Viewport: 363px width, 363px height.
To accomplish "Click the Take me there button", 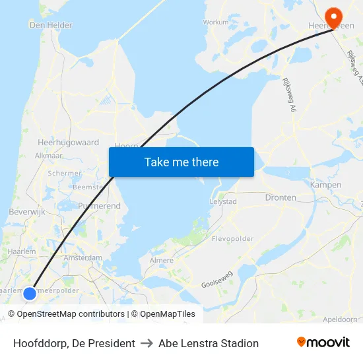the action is coord(181,162).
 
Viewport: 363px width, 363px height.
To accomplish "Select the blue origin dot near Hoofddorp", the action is coord(30,292).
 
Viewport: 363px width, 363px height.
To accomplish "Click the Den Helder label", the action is coord(51,25).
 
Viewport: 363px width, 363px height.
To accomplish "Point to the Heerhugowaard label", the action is coord(69,142).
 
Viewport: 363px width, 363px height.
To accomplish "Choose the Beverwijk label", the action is coord(26,212).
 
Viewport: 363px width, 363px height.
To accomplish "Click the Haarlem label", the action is coord(22,251).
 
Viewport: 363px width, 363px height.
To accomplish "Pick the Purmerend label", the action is coord(99,206).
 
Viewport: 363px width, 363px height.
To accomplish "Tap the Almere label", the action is coord(162,261).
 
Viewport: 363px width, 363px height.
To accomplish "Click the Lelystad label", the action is coord(223,201).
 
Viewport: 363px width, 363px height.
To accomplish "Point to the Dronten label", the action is coord(280,197).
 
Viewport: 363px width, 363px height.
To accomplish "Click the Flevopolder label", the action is coord(228,238).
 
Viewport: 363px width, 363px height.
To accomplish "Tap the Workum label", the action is coord(216,22).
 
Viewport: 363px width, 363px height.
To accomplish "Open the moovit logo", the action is coord(323,343).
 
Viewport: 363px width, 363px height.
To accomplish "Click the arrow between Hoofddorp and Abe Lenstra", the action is coord(147,343).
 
